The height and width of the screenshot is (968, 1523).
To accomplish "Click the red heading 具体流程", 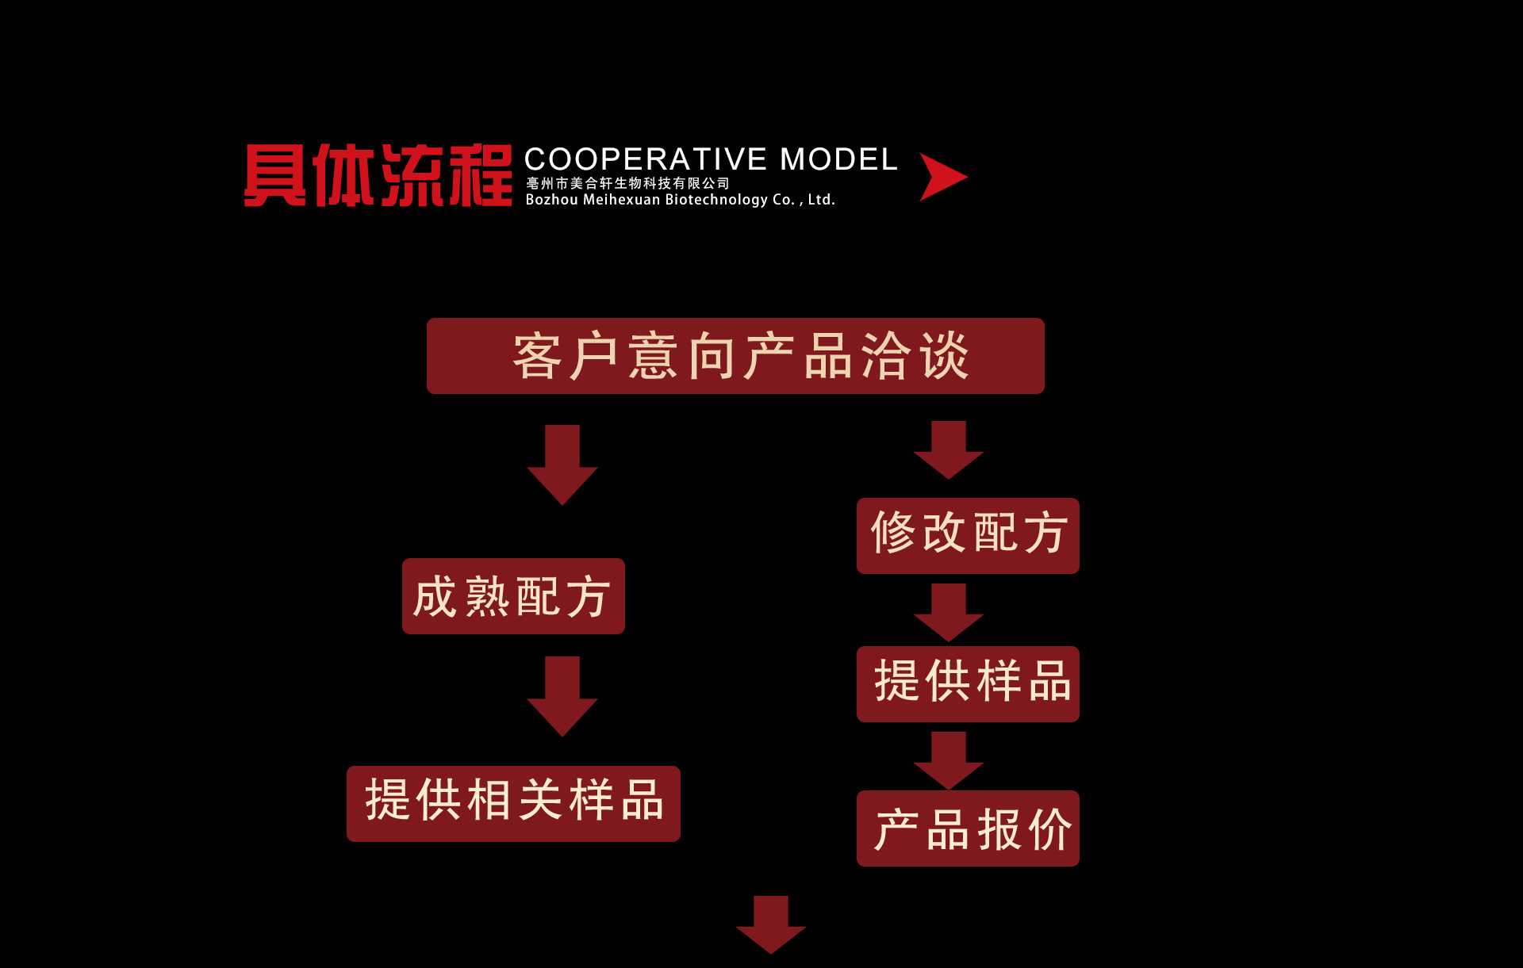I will coord(378,176).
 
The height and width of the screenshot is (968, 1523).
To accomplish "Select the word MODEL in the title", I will coord(838,159).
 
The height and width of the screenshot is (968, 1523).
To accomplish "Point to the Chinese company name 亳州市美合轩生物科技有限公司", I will coord(627,183).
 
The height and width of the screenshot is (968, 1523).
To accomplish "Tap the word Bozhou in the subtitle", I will coord(551,200).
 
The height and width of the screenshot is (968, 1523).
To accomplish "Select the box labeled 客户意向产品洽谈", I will coord(735,356).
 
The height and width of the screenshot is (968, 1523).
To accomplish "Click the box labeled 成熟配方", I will coord(513,596).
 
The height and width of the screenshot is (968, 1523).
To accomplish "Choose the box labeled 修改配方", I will coord(968,535).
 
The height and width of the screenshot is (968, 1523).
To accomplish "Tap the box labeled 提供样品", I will coord(968,683).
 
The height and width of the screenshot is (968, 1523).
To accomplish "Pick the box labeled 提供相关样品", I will coord(513,803).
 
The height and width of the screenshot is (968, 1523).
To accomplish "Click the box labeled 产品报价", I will coord(968,828).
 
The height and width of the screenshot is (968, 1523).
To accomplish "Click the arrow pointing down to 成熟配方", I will coord(562,464).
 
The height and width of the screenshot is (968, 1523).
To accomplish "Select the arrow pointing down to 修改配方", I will coord(949,450).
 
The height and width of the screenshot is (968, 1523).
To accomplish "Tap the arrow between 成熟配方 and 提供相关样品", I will coord(562,695).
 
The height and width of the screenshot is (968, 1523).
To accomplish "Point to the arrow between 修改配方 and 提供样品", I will coord(949,612).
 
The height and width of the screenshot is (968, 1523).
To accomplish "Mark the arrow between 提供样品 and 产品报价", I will coord(949,760).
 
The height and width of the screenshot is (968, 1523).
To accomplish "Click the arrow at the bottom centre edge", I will coord(771,924).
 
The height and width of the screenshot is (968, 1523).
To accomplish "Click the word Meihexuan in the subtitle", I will coord(621,200).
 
